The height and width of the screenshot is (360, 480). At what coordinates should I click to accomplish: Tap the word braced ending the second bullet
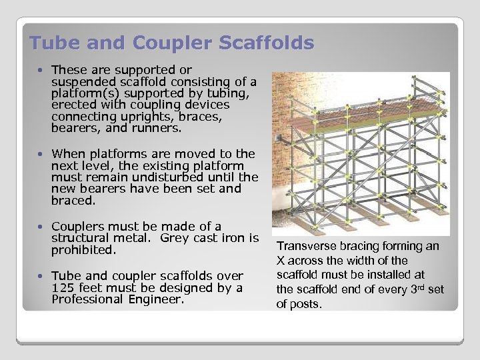[73, 200]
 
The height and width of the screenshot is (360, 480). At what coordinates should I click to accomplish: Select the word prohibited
[83, 250]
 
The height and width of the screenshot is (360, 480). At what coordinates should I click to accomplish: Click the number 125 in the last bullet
[63, 287]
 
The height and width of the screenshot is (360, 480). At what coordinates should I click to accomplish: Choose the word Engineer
[158, 299]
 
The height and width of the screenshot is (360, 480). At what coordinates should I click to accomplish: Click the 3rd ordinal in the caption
[417, 289]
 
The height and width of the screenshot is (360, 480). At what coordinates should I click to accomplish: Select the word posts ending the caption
[306, 304]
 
